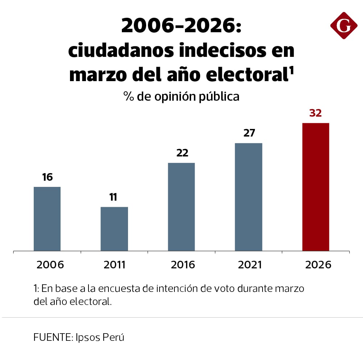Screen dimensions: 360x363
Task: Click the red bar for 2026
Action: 315,187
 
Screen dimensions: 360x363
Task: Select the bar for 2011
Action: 114,229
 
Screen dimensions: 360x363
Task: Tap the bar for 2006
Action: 47,219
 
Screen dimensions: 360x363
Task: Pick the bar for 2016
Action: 181,207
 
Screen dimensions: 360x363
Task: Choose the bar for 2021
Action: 248,197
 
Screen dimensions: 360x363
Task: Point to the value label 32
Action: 315,113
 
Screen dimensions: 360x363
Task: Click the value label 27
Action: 249,133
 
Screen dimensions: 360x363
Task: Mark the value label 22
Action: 182,153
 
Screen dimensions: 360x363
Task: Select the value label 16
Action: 47,177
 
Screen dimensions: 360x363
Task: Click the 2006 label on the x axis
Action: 50,265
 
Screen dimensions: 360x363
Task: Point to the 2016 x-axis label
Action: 183,265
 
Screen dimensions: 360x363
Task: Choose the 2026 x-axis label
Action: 318,265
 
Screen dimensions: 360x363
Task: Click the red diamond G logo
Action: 343,25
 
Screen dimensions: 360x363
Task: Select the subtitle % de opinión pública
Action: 181,96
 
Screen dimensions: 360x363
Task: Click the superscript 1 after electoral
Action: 291,71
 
